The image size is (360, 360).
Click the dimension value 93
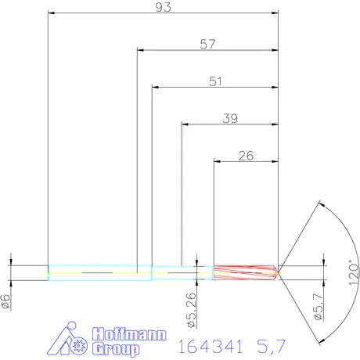[x=163, y=6]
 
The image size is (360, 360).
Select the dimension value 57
[x=207, y=44]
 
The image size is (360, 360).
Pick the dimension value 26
[x=245, y=155]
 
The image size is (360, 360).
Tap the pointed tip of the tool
[x=279, y=272]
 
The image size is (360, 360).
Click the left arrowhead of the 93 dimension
[x=52, y=13]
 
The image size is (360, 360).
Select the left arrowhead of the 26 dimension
[x=218, y=161]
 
